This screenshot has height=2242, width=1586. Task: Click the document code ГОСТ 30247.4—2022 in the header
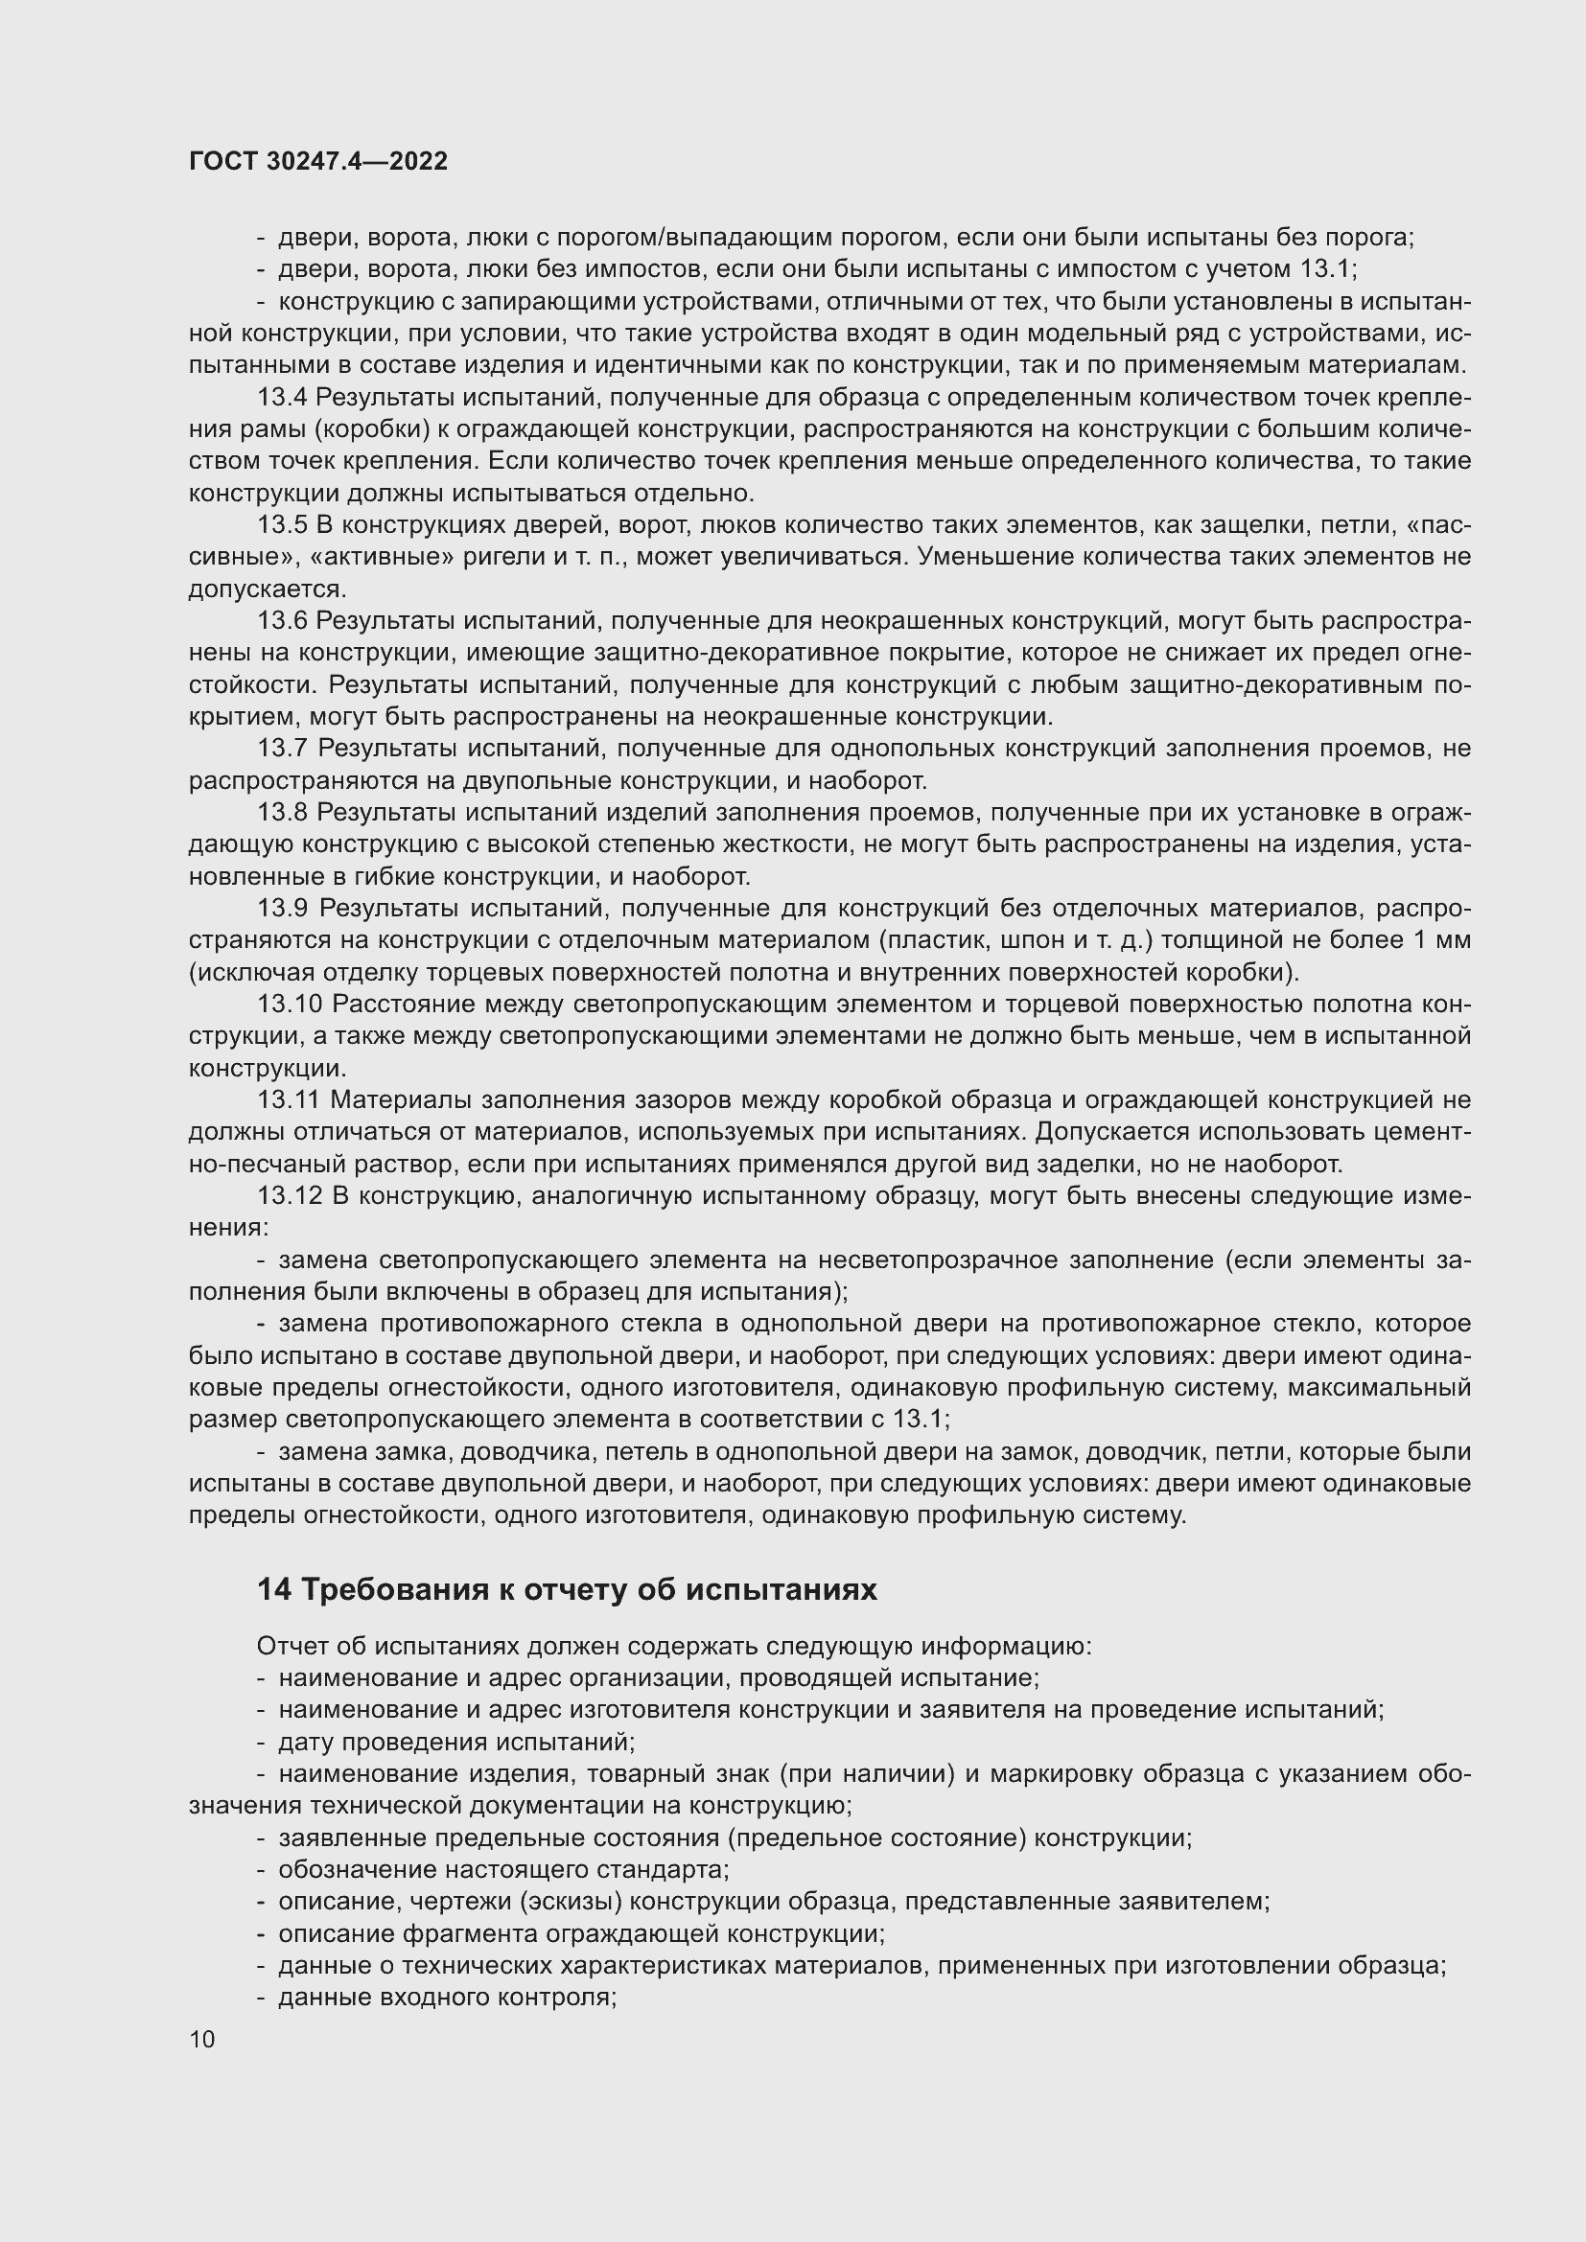click(318, 162)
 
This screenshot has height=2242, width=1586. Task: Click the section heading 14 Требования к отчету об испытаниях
click(567, 1589)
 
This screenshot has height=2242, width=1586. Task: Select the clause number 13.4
click(282, 398)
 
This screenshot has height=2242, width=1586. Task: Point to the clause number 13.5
click(282, 525)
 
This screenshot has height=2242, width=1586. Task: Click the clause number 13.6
click(282, 620)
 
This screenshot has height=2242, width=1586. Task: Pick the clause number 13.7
click(282, 748)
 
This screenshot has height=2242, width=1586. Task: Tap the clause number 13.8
click(282, 813)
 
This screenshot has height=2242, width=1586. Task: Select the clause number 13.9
click(282, 908)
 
